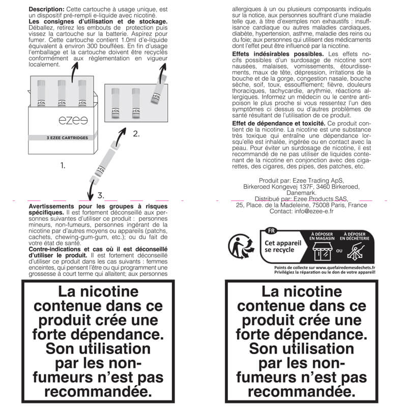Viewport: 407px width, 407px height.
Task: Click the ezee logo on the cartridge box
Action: pos(69,123)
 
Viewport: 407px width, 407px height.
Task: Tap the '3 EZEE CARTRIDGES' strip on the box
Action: pos(67,138)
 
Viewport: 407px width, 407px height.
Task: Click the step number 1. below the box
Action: pos(63,165)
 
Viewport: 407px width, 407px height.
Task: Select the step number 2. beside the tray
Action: pos(135,134)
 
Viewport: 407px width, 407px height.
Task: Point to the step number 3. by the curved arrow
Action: pos(101,195)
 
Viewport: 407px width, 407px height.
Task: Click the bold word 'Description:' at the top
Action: pos(46,10)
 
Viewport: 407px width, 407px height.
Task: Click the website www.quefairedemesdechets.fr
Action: pos(345,267)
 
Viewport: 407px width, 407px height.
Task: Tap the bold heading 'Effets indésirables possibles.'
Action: pos(277,54)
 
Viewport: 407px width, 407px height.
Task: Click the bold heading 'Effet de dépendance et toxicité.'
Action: pos(279,124)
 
